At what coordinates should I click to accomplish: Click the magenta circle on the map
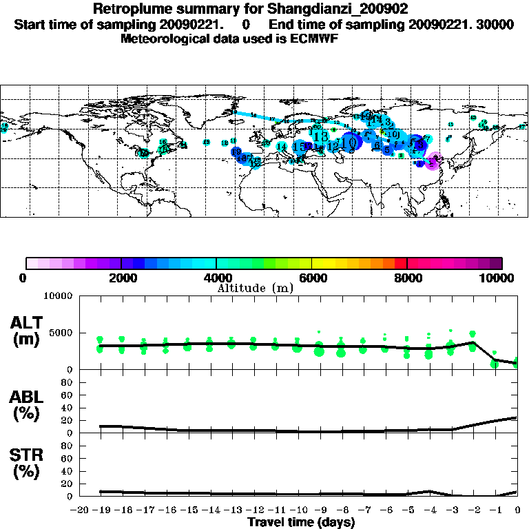point(433,163)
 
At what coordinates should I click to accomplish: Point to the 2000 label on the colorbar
point(121,278)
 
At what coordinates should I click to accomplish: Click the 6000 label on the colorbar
point(312,278)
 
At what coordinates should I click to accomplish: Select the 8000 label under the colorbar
point(407,278)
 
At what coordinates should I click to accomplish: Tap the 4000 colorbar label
point(216,278)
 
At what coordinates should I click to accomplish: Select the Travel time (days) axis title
point(301,523)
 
